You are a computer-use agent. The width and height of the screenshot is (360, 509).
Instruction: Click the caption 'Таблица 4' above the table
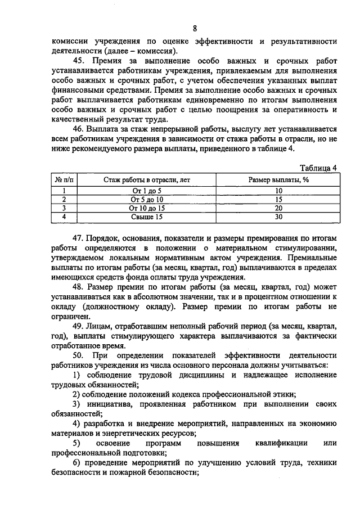click(318, 167)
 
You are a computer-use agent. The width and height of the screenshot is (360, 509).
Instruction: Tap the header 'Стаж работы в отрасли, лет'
click(147, 179)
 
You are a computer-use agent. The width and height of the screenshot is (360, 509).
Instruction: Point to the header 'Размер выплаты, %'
click(278, 179)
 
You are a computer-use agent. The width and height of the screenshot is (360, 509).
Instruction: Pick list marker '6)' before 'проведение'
click(79, 463)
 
